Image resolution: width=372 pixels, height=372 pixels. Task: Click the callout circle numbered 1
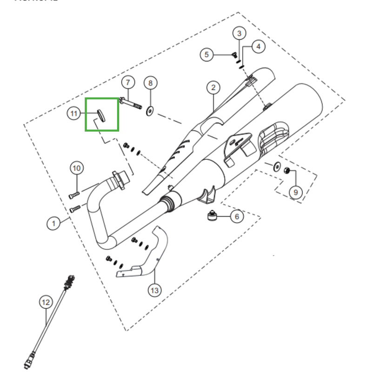(x=53, y=224)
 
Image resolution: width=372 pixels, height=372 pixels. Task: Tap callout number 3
(x=239, y=33)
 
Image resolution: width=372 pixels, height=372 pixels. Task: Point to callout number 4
(x=258, y=46)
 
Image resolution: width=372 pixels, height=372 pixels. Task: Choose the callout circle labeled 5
(x=207, y=54)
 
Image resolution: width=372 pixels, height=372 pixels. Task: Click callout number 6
(x=236, y=217)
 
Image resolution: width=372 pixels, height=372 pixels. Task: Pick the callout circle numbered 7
(x=128, y=82)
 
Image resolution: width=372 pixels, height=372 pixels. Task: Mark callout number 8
(x=150, y=83)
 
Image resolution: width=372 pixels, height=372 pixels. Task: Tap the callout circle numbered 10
(x=77, y=168)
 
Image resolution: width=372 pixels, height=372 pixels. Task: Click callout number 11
(x=73, y=113)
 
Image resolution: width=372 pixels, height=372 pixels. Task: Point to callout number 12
(x=45, y=303)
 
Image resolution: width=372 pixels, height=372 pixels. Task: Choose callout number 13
(x=154, y=291)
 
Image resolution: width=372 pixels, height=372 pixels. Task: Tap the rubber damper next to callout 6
(x=212, y=217)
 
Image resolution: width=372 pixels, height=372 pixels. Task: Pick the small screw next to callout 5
(x=233, y=55)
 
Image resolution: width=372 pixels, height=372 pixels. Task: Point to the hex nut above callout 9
(x=287, y=171)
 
